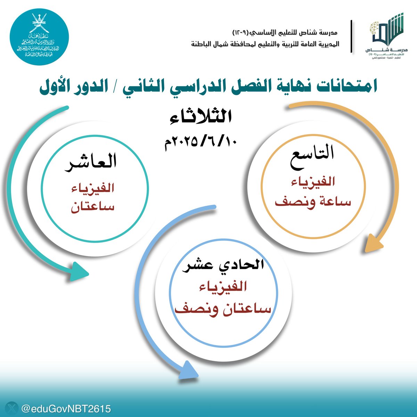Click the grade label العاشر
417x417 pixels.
click(91, 163)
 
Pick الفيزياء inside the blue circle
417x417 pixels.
click(222, 287)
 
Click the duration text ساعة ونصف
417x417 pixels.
click(313, 202)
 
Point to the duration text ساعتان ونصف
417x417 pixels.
click(222, 308)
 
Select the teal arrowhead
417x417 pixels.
click(78, 271)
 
